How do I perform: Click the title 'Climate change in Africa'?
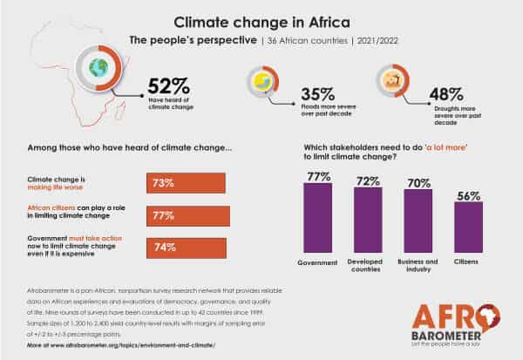click(261, 20)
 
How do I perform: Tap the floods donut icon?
click(261, 82)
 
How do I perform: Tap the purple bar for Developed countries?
click(367, 220)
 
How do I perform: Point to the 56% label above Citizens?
click(468, 196)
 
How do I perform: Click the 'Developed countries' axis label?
click(367, 264)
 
